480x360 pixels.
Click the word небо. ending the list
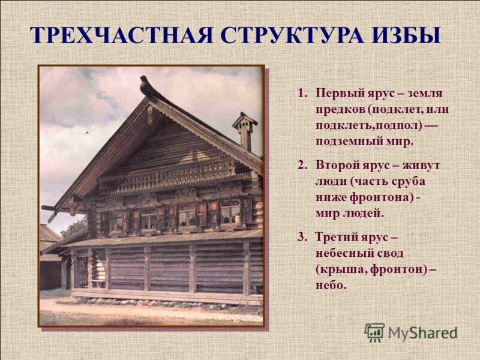pyautogui.click(x=331, y=284)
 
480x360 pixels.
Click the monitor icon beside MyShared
pyautogui.click(x=374, y=332)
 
